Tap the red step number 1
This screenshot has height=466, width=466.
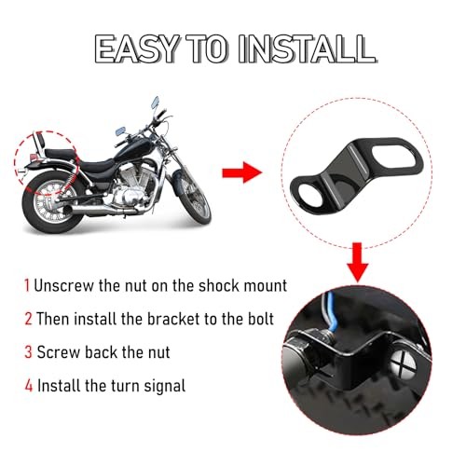click(27, 286)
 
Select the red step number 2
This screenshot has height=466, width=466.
click(27, 319)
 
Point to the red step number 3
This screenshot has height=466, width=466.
click(27, 351)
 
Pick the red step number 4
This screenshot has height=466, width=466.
click(27, 384)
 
